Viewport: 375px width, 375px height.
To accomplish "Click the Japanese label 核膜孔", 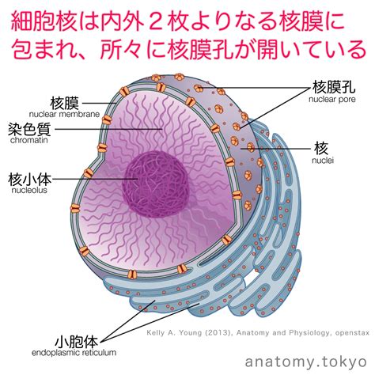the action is [334, 87].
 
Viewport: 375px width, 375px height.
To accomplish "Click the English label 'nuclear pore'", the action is [332, 100].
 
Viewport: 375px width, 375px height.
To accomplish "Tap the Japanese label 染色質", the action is [29, 129].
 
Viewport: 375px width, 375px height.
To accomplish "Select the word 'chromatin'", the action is [29, 140].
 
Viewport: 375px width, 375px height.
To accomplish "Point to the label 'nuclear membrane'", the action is [64, 115].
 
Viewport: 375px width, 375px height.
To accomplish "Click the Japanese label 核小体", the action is [29, 179].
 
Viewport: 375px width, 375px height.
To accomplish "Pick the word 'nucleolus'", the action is [29, 190].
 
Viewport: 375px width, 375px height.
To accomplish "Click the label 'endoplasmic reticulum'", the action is [74, 353].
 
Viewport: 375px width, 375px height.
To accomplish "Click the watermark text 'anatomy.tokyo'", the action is [306, 362].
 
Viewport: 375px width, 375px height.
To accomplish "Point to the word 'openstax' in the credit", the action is [352, 333].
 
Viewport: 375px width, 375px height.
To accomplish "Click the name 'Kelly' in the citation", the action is [157, 333].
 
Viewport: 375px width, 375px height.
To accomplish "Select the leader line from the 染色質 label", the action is [109, 129].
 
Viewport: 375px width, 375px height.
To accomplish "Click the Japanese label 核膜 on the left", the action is [65, 103].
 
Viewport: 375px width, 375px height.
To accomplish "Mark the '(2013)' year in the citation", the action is [218, 333].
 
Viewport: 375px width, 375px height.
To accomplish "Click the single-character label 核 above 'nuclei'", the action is [321, 148].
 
